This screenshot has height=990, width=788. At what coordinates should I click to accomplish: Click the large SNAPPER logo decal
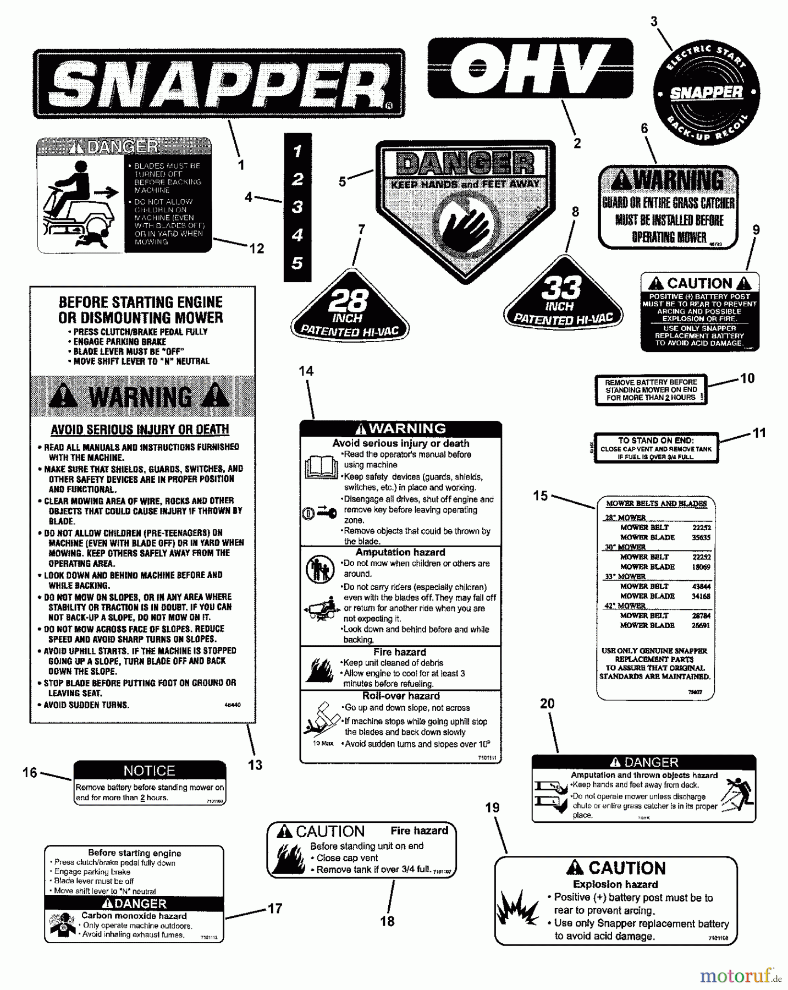219,84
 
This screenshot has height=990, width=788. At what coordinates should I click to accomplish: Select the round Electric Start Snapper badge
706,92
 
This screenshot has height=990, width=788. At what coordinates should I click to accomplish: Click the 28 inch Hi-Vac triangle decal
350,308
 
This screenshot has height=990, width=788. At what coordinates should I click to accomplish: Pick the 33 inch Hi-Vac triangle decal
564,297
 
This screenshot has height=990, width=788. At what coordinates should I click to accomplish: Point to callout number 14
306,371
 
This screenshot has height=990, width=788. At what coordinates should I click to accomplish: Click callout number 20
547,703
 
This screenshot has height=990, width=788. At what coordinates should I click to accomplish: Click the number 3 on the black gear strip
297,207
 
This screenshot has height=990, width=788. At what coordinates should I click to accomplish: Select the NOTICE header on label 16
150,771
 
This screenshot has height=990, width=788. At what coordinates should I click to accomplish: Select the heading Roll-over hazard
401,696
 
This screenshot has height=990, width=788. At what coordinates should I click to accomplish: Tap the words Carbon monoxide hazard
134,916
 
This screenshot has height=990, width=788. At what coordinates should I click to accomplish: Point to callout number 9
756,229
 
